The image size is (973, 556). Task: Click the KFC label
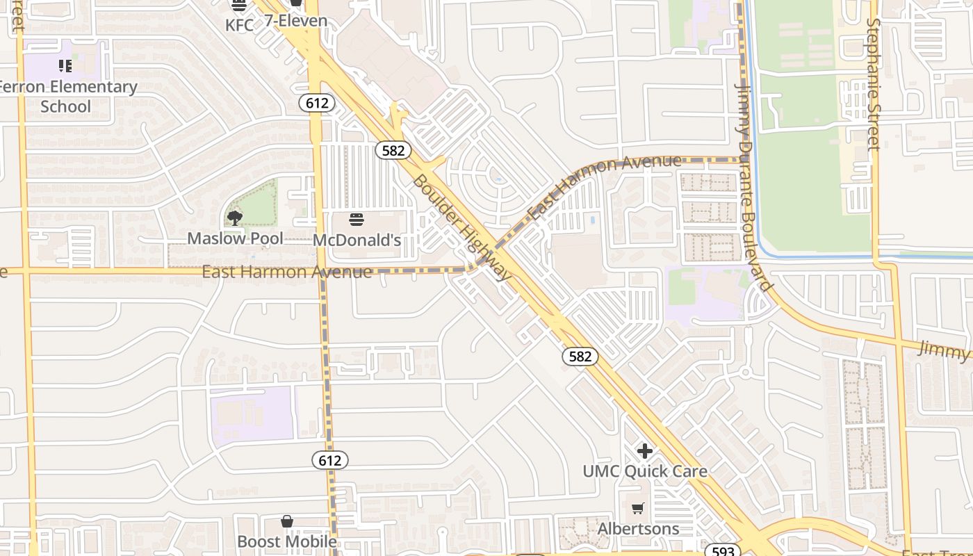tap(239, 24)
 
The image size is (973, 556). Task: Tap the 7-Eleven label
tap(295, 21)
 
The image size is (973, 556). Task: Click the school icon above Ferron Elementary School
tap(65, 66)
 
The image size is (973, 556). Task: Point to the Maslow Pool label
tap(235, 238)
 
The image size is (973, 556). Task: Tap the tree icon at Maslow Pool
tap(235, 218)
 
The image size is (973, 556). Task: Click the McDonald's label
tap(357, 240)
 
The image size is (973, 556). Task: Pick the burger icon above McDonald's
tap(357, 220)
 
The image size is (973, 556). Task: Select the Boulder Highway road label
tap(461, 228)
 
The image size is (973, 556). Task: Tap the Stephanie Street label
tap(874, 83)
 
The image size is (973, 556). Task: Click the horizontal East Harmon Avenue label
tap(286, 272)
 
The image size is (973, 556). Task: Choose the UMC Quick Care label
tap(645, 471)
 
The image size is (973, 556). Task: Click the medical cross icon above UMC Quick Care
tap(645, 451)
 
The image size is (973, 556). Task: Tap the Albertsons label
tap(638, 529)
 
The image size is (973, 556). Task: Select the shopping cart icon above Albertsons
tap(638, 508)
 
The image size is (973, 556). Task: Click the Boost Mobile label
tap(287, 541)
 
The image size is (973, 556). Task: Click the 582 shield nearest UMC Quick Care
tap(580, 357)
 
